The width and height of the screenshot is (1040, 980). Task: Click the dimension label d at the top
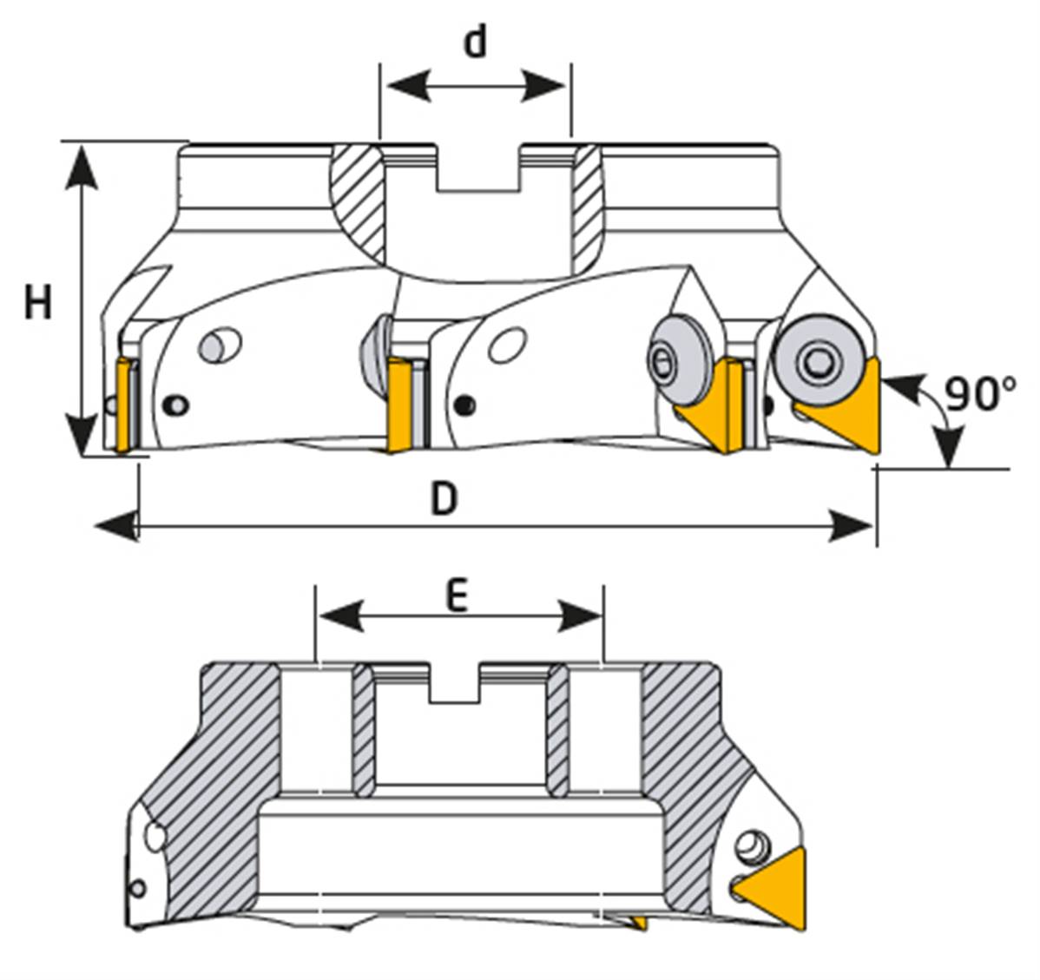(475, 41)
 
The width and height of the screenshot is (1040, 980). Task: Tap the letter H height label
(37, 303)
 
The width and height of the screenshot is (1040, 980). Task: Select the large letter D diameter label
(444, 499)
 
